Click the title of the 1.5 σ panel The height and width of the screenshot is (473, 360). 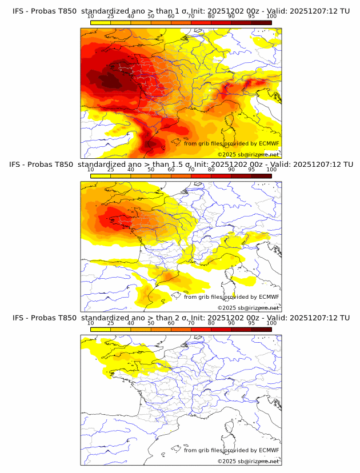(x=181, y=164)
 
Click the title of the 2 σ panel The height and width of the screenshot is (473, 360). (x=181, y=318)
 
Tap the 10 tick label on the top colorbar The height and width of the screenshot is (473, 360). (x=91, y=17)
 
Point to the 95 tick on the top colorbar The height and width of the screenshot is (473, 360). (x=251, y=17)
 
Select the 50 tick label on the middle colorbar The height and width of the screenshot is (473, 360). (x=151, y=170)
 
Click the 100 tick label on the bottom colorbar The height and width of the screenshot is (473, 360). (x=271, y=323)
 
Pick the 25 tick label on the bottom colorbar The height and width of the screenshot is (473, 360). (x=111, y=323)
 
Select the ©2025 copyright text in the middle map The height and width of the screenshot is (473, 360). (x=248, y=307)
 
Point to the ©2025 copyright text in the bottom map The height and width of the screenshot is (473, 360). (x=248, y=461)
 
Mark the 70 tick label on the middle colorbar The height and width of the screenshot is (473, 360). (x=191, y=170)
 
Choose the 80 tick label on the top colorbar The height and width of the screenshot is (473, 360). (x=211, y=17)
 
